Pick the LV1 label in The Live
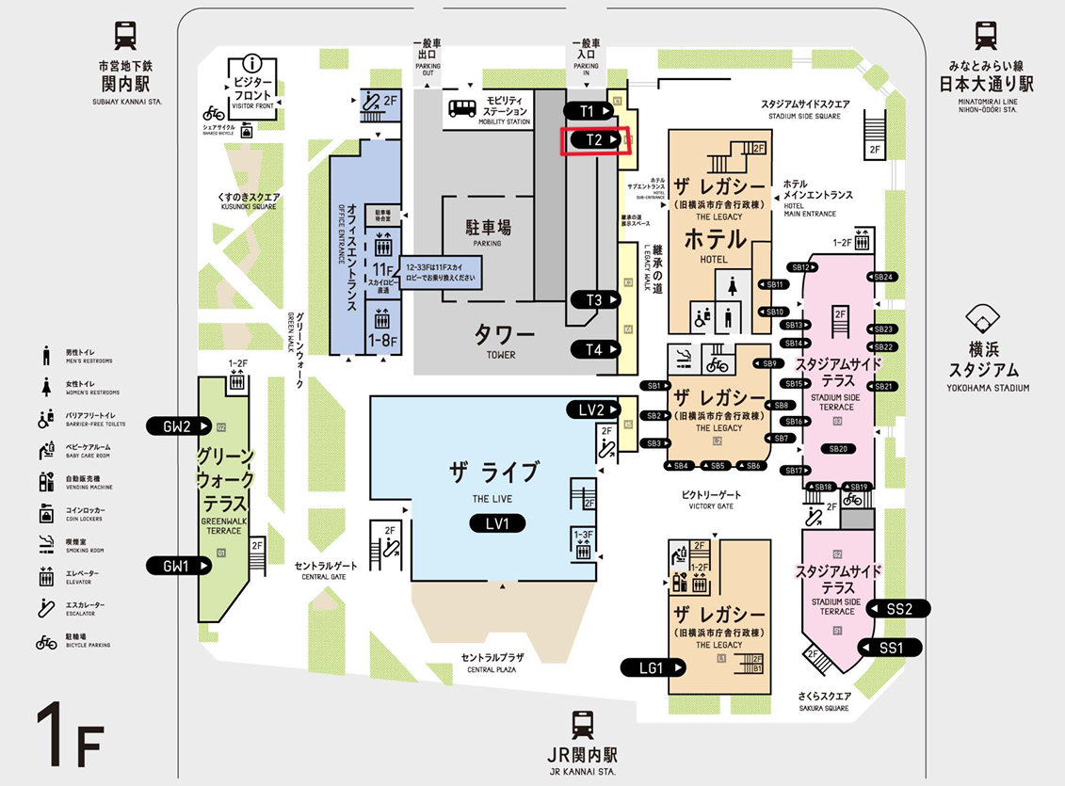(x=497, y=523)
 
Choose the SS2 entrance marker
(x=899, y=608)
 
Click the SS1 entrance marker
(x=891, y=648)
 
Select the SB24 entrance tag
(x=883, y=277)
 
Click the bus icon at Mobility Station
(x=461, y=108)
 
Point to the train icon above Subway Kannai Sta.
(x=126, y=36)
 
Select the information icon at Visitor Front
(x=251, y=63)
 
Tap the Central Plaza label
(x=492, y=663)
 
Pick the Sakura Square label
(x=817, y=702)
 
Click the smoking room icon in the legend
(x=46, y=543)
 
